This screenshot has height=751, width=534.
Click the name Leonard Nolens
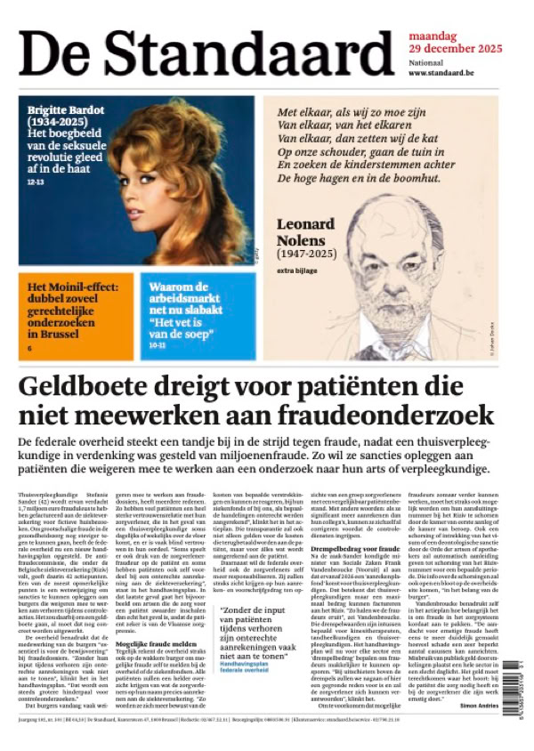[x=308, y=232]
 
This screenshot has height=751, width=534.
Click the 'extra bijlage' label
[x=296, y=271]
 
